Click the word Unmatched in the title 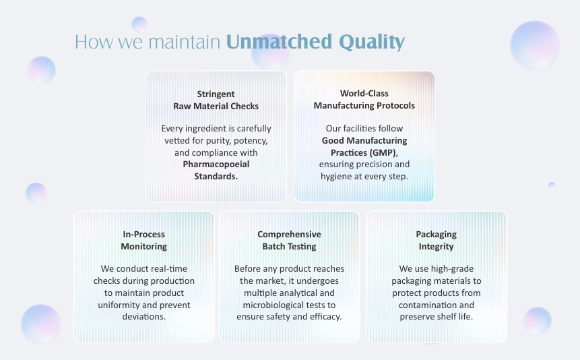click(279, 42)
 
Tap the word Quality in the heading click(372, 42)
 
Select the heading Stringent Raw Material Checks click(216, 100)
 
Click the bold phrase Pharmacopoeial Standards click(216, 171)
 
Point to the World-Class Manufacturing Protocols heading click(364, 99)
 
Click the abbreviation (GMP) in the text click(383, 152)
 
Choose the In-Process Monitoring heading click(144, 241)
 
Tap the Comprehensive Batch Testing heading click(289, 241)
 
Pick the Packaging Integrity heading click(436, 241)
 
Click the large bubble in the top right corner click(534, 45)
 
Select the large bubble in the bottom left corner click(41, 324)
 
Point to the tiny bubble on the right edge click(552, 185)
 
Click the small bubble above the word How click(139, 24)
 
